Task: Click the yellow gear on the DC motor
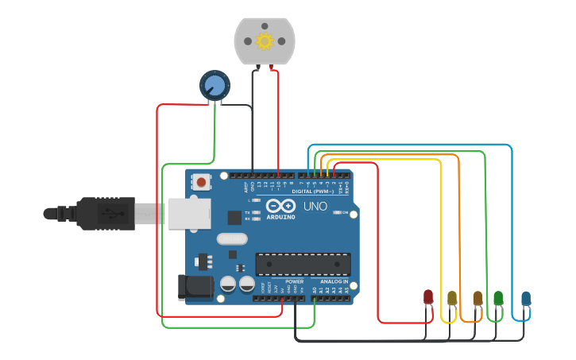pyautogui.click(x=264, y=41)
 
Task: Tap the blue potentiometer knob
pyautogui.click(x=214, y=85)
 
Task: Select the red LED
pyautogui.click(x=428, y=297)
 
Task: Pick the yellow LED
pyautogui.click(x=452, y=298)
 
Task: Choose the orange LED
pyautogui.click(x=477, y=298)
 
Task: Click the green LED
pyautogui.click(x=498, y=298)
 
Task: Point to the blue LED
pyautogui.click(x=525, y=298)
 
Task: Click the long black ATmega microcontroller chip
pyautogui.click(x=302, y=265)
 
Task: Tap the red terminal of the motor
pyautogui.click(x=273, y=68)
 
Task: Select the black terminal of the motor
pyautogui.click(x=257, y=68)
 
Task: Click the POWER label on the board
pyautogui.click(x=294, y=282)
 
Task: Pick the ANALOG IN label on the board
pyautogui.click(x=334, y=282)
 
